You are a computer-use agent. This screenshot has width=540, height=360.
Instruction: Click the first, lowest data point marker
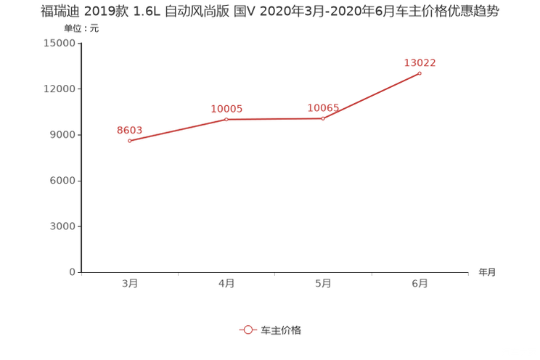coord(130,141)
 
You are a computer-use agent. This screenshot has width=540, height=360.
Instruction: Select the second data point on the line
coord(226,119)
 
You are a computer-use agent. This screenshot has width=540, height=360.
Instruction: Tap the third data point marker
coord(323,118)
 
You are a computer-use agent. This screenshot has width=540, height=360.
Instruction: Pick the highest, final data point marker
coord(420,73)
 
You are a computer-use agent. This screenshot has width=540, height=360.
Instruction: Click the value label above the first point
coord(130,130)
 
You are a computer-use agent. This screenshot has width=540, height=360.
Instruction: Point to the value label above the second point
coord(226,109)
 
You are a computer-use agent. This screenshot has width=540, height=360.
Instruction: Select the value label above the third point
coord(323,108)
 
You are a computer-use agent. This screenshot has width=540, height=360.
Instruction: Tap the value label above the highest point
coord(420,62)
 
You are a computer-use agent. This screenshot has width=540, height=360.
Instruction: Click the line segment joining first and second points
coord(178,130)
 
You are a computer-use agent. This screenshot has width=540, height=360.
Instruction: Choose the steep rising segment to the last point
coord(372,95)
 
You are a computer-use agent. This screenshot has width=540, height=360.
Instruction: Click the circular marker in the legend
coord(248,330)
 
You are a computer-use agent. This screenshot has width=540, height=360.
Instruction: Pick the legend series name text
coord(281,330)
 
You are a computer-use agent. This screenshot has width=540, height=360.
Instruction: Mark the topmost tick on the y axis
coord(80,43)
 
